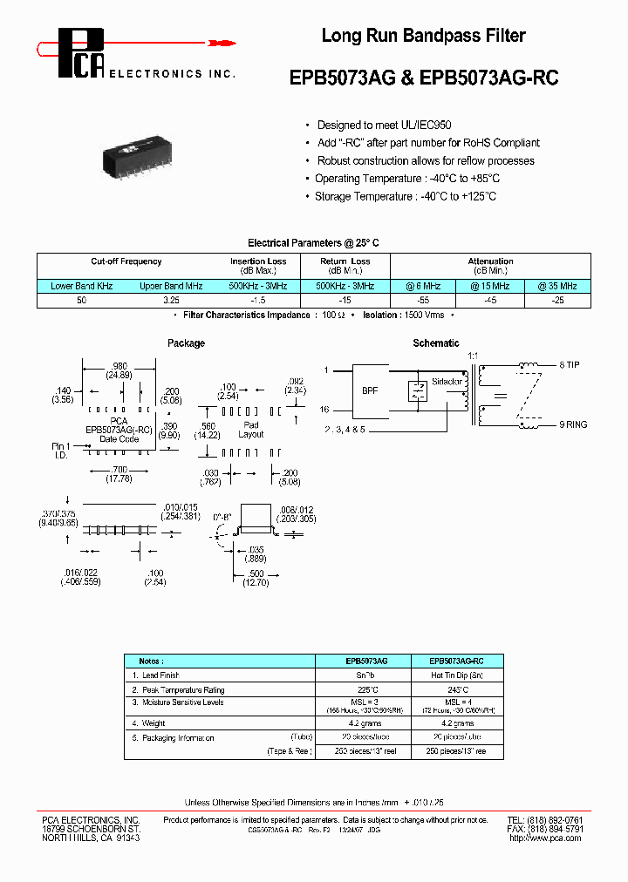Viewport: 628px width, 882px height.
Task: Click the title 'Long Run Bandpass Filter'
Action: pyautogui.click(x=423, y=36)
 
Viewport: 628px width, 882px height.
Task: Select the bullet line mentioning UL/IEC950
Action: pyautogui.click(x=384, y=125)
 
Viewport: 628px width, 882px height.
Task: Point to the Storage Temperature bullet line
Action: pyautogui.click(x=406, y=196)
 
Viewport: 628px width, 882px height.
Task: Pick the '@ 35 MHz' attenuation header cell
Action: pyautogui.click(x=558, y=286)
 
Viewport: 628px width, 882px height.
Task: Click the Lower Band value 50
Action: pyautogui.click(x=81, y=300)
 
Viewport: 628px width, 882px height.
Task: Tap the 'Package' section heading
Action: pyautogui.click(x=186, y=343)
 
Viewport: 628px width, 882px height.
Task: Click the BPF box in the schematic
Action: pyautogui.click(x=371, y=391)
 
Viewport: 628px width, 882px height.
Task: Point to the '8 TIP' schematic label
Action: pyautogui.click(x=570, y=365)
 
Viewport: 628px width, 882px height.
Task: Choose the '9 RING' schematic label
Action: pyautogui.click(x=572, y=424)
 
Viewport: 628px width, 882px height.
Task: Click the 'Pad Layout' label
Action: pyautogui.click(x=251, y=429)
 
